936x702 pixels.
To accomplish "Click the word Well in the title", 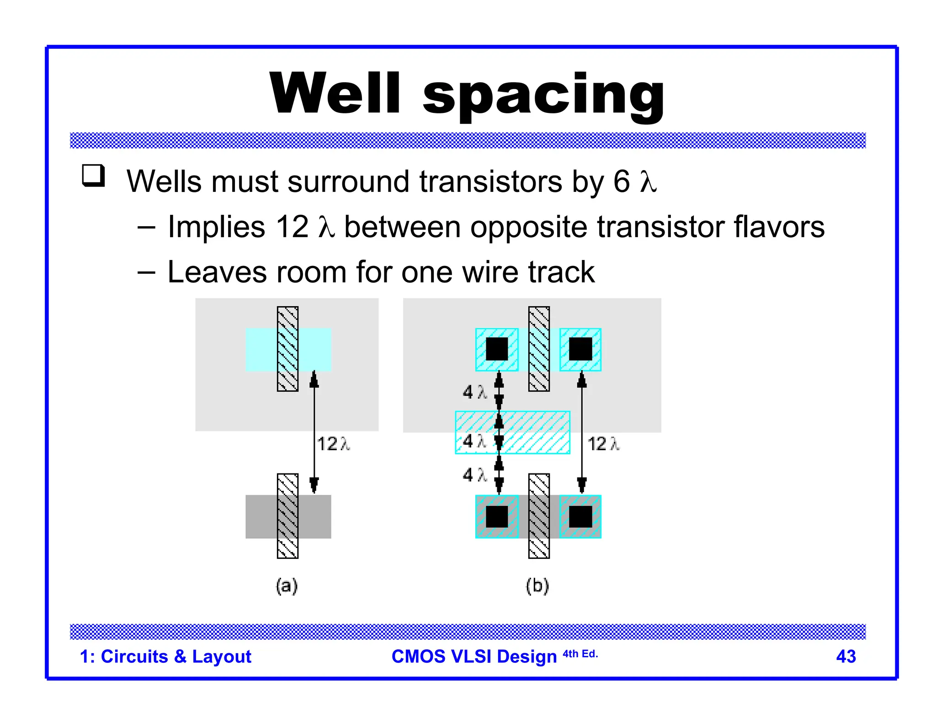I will pos(335,93).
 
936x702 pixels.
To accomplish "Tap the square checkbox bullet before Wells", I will pos(94,176).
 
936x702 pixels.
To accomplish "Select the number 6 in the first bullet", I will pos(622,181).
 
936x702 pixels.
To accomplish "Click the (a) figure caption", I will pos(287,585).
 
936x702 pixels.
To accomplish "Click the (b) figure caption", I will pos(537,585).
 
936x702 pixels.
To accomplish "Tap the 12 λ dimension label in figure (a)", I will pos(333,444).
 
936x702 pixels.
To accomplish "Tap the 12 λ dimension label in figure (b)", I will pos(603,444).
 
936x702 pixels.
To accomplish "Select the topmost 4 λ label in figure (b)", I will pos(474,392).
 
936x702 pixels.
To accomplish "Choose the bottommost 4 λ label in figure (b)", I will pos(474,475).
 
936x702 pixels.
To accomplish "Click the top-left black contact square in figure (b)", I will pos(497,349).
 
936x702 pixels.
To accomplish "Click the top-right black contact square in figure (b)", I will pos(580,349).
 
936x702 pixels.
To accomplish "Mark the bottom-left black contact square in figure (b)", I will pos(497,517).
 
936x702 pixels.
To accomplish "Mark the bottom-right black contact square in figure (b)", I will pos(580,517).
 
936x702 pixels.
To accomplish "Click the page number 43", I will pos(846,657).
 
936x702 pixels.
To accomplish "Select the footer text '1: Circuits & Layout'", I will pos(165,657).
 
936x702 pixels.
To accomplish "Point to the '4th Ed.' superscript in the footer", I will pos(580,654).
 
